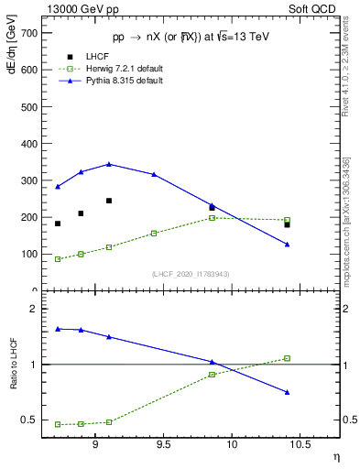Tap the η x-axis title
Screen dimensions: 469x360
coord(335,457)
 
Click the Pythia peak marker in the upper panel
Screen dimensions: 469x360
coord(109,164)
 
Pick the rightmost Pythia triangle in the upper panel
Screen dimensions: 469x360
coord(287,244)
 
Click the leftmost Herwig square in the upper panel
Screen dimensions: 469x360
coord(58,259)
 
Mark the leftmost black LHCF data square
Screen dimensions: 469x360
coord(58,224)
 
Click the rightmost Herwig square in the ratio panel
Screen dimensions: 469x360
coord(287,358)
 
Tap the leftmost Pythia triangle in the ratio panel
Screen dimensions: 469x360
coord(58,329)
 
